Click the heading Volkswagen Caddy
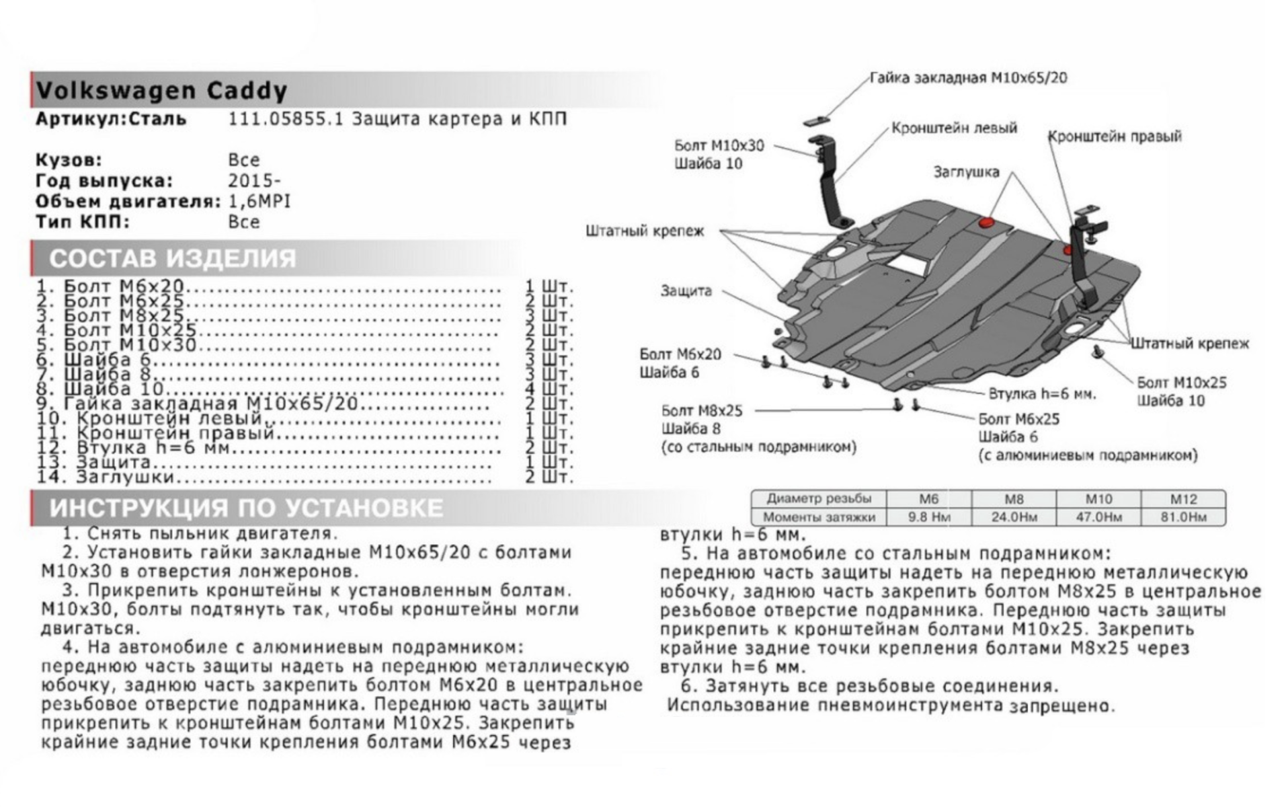pos(161,91)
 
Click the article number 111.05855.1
pos(286,119)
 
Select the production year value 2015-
pos(254,181)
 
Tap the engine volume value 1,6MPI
pos(259,201)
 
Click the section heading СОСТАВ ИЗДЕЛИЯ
pos(172,258)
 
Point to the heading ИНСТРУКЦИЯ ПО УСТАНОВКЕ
pos(246,508)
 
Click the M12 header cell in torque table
pos(1182,499)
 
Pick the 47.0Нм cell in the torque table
pos(1098,517)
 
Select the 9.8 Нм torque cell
pos(928,517)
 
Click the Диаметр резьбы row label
pos(818,499)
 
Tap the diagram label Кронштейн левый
pos(954,128)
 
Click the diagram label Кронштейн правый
pos(1114,137)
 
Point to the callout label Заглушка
pos(966,172)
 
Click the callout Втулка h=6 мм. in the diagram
pos(1041,393)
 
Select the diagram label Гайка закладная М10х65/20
pos(968,78)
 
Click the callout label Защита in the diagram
pos(686,291)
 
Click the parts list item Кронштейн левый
pos(177,419)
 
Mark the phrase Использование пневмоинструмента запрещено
pos(891,705)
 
